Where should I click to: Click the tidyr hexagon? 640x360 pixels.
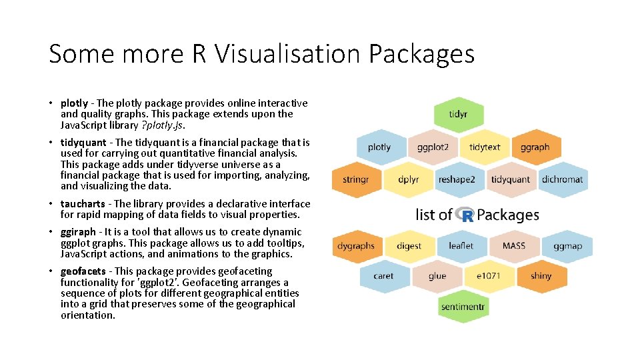(458, 115)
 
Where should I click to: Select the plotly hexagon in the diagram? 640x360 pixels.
(379, 147)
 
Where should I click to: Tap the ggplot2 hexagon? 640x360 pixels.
(433, 147)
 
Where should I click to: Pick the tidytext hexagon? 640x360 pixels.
(485, 147)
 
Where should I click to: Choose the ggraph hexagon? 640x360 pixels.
(535, 147)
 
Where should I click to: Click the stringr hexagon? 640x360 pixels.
(355, 179)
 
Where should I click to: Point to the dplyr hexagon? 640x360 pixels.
(408, 179)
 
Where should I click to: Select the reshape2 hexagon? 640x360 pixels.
(457, 179)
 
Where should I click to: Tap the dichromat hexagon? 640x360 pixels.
(562, 179)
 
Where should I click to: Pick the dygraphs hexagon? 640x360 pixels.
(356, 246)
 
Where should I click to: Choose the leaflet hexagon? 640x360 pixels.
(461, 246)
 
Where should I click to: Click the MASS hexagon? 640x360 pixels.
(514, 246)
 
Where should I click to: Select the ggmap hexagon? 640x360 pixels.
(567, 246)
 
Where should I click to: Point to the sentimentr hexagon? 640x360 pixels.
(462, 307)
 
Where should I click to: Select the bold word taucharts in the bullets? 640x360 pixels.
(83, 204)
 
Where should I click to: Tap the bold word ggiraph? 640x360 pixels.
(79, 232)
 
